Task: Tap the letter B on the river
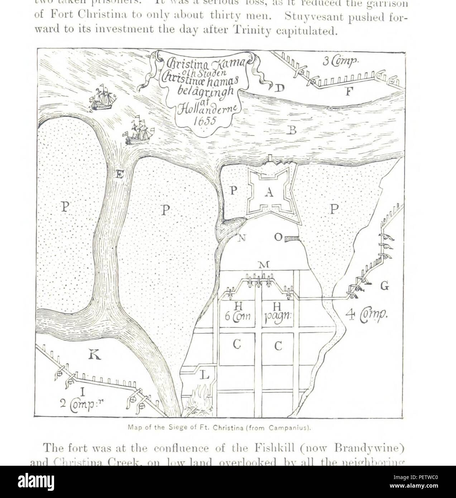click(x=292, y=130)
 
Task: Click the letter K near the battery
click(x=95, y=354)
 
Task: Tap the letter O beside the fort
click(x=278, y=238)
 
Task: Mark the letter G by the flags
click(x=384, y=286)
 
